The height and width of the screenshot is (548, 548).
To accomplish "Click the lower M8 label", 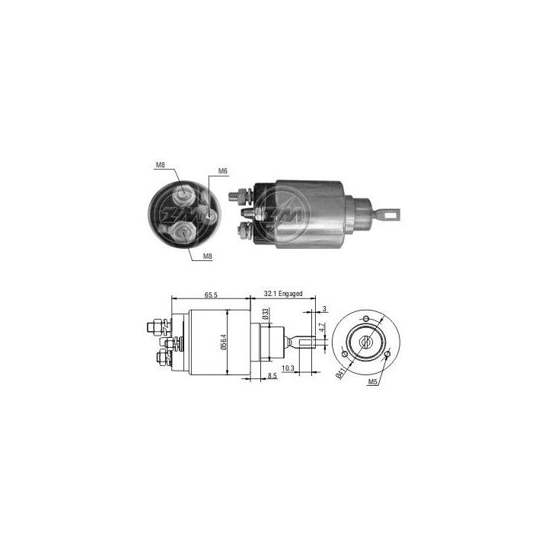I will (208, 257).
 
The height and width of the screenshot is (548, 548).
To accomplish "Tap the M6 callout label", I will (223, 170).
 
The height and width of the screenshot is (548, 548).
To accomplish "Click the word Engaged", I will (293, 293).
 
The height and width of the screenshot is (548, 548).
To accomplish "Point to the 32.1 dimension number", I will (271, 293).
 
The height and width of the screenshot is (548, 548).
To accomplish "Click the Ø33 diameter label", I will (266, 314).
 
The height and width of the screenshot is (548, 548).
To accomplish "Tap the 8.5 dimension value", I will (271, 375).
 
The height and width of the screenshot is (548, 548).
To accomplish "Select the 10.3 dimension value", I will (289, 368).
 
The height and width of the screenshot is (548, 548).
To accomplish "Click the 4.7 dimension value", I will (323, 328).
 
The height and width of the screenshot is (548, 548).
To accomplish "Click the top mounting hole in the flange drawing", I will (366, 317).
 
